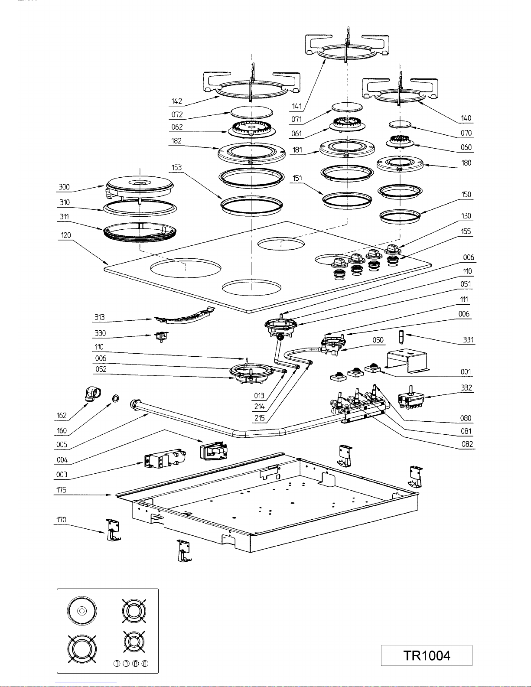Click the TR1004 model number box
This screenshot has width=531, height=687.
427,655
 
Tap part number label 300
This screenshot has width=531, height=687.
64,187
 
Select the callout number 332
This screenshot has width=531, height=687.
466,387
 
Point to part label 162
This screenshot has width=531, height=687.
61,415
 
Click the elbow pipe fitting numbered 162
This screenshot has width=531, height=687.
93,394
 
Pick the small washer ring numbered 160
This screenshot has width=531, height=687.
115,398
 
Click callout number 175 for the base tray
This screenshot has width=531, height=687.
61,490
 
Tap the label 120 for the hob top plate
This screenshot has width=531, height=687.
66,235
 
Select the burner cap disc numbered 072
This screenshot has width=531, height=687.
251,112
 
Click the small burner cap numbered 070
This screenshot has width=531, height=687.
400,124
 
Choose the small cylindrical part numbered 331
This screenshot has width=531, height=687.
401,337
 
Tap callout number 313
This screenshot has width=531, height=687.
99,317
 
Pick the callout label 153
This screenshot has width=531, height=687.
176,167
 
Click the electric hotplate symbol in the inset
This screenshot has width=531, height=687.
82,611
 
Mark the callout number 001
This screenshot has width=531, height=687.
466,371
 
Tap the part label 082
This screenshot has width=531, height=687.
467,444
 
